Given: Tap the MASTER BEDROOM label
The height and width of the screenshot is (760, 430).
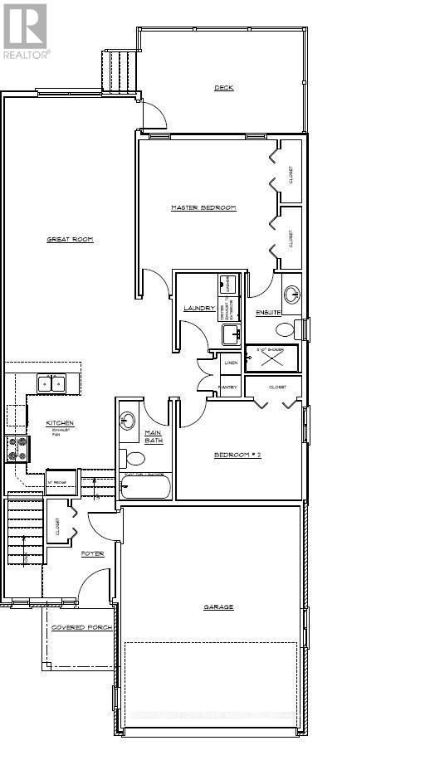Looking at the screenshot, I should click(203, 207).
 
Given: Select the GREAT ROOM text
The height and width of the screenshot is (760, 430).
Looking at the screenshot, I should click(70, 240).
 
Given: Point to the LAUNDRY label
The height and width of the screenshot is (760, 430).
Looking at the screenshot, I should click(199, 308).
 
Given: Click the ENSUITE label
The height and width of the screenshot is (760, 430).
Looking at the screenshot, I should click(268, 312).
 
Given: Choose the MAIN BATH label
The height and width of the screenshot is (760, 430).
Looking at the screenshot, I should click(153, 436).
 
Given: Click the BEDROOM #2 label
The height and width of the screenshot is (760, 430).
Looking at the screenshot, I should click(238, 455).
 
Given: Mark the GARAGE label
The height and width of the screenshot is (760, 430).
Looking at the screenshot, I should click(218, 607).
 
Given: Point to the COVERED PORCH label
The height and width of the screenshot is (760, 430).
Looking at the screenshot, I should click(81, 628).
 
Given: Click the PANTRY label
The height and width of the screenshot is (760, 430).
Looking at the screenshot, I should click(229, 387).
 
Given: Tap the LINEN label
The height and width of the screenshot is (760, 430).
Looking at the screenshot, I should click(231, 363).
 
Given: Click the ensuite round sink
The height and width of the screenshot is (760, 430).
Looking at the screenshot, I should click(291, 294).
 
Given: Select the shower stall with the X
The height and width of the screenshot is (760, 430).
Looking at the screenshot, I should click(271, 358).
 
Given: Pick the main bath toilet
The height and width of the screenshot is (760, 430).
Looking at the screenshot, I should click(133, 457).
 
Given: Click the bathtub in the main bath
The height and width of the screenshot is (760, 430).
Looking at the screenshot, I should click(146, 487).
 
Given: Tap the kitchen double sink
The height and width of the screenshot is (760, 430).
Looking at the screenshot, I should click(51, 384).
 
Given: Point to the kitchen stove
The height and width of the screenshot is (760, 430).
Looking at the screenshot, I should click(17, 449).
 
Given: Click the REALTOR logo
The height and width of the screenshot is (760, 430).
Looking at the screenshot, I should click(25, 30).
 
